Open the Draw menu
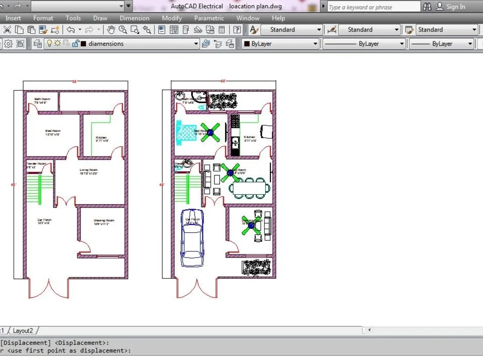pos(100,18)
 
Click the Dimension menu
pos(134,18)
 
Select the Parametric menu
pos(209,18)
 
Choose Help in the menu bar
pos(278,18)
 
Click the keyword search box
pos(373,7)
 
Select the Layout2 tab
pos(23,331)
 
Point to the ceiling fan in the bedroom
pos(211,132)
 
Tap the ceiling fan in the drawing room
pos(251,225)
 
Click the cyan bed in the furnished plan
pos(186,131)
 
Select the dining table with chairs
pos(248,188)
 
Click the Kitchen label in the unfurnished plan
pos(101,139)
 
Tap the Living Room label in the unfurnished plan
pos(89,171)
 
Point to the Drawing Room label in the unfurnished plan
pos(103,222)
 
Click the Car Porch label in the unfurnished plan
pos(44,222)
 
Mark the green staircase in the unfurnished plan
pos(32,189)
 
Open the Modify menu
pos(171,18)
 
